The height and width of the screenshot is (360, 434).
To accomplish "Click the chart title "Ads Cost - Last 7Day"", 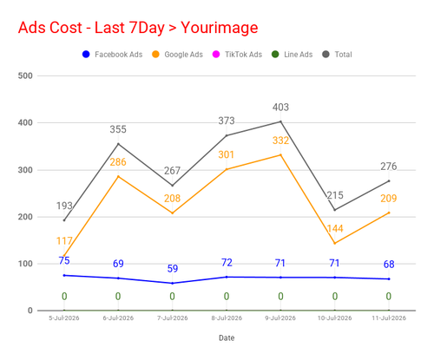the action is pos(91,28).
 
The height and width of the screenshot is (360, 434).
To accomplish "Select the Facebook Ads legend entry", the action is pos(113,55).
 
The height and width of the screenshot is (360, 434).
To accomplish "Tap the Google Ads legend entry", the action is pos(177,55).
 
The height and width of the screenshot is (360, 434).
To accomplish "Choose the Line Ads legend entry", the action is pos(293,55).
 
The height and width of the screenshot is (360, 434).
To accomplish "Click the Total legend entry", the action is pos(338,55).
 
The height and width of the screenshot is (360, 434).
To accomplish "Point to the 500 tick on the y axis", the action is pos(25,75).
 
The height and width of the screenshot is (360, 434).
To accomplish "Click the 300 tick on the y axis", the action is pos(25,170).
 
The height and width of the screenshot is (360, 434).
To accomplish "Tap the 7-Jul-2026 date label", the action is pos(173,318).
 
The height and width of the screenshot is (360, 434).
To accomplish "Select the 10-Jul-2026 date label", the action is pos(335,318).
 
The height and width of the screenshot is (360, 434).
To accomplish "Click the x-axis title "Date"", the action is pos(227,337).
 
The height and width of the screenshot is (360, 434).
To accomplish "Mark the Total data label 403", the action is pos(280,108).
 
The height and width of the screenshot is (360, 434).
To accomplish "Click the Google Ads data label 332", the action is pos(280,141).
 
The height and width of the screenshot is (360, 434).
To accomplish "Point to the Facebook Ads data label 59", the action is pos(173,269).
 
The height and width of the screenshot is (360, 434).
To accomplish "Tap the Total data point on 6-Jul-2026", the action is pos(118,144).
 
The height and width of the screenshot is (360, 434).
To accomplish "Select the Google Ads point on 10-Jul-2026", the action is pos(335,243).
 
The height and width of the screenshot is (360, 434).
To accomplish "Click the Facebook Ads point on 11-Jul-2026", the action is pos(389,279).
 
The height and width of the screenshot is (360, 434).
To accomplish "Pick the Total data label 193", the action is pos(64,206).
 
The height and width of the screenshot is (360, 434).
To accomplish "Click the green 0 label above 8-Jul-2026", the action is pos(227,297).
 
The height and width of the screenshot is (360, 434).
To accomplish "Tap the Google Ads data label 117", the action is pos(64,241).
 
